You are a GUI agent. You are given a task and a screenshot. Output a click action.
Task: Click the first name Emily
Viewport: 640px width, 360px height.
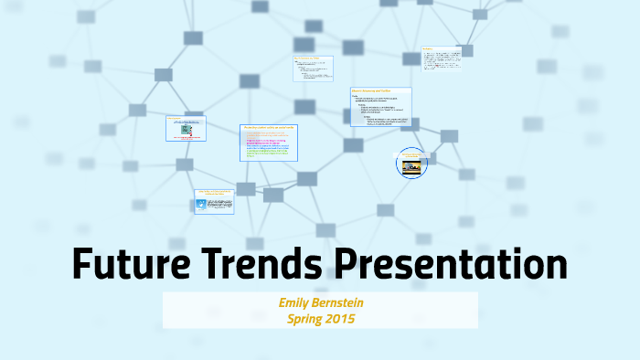297,302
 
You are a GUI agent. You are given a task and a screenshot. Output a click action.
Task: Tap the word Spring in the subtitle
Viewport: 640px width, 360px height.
308,319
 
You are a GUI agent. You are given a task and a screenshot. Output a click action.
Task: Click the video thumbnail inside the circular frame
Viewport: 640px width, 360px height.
412,165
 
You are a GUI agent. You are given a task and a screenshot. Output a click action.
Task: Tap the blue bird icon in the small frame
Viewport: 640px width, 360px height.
203,204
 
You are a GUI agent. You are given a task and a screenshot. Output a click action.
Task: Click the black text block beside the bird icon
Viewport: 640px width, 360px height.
220,205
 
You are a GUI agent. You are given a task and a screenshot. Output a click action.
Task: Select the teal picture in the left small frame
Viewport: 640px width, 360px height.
186,130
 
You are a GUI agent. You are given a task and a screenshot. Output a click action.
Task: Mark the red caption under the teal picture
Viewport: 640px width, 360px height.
186,138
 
